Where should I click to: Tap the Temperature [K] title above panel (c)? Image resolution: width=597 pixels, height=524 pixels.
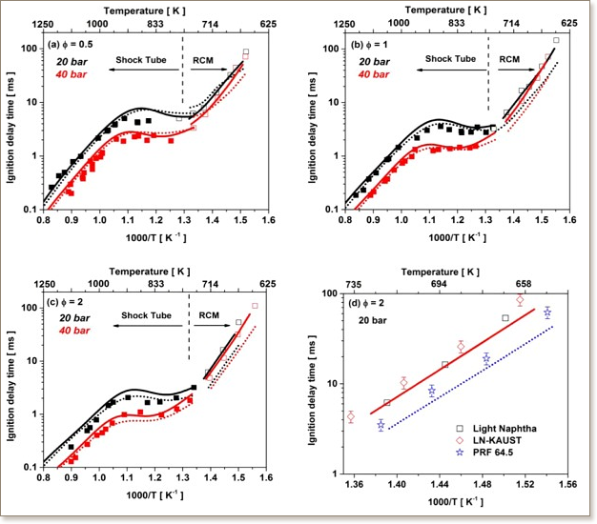point(154,272)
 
